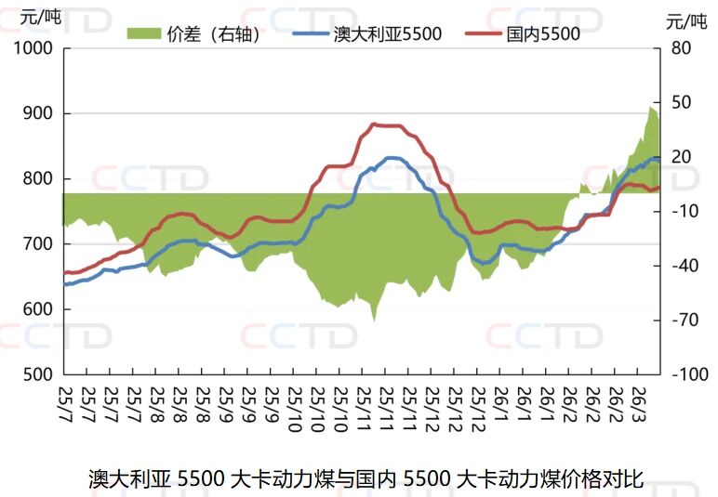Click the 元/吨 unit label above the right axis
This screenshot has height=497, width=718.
point(686,20)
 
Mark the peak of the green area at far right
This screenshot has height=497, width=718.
point(651,107)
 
